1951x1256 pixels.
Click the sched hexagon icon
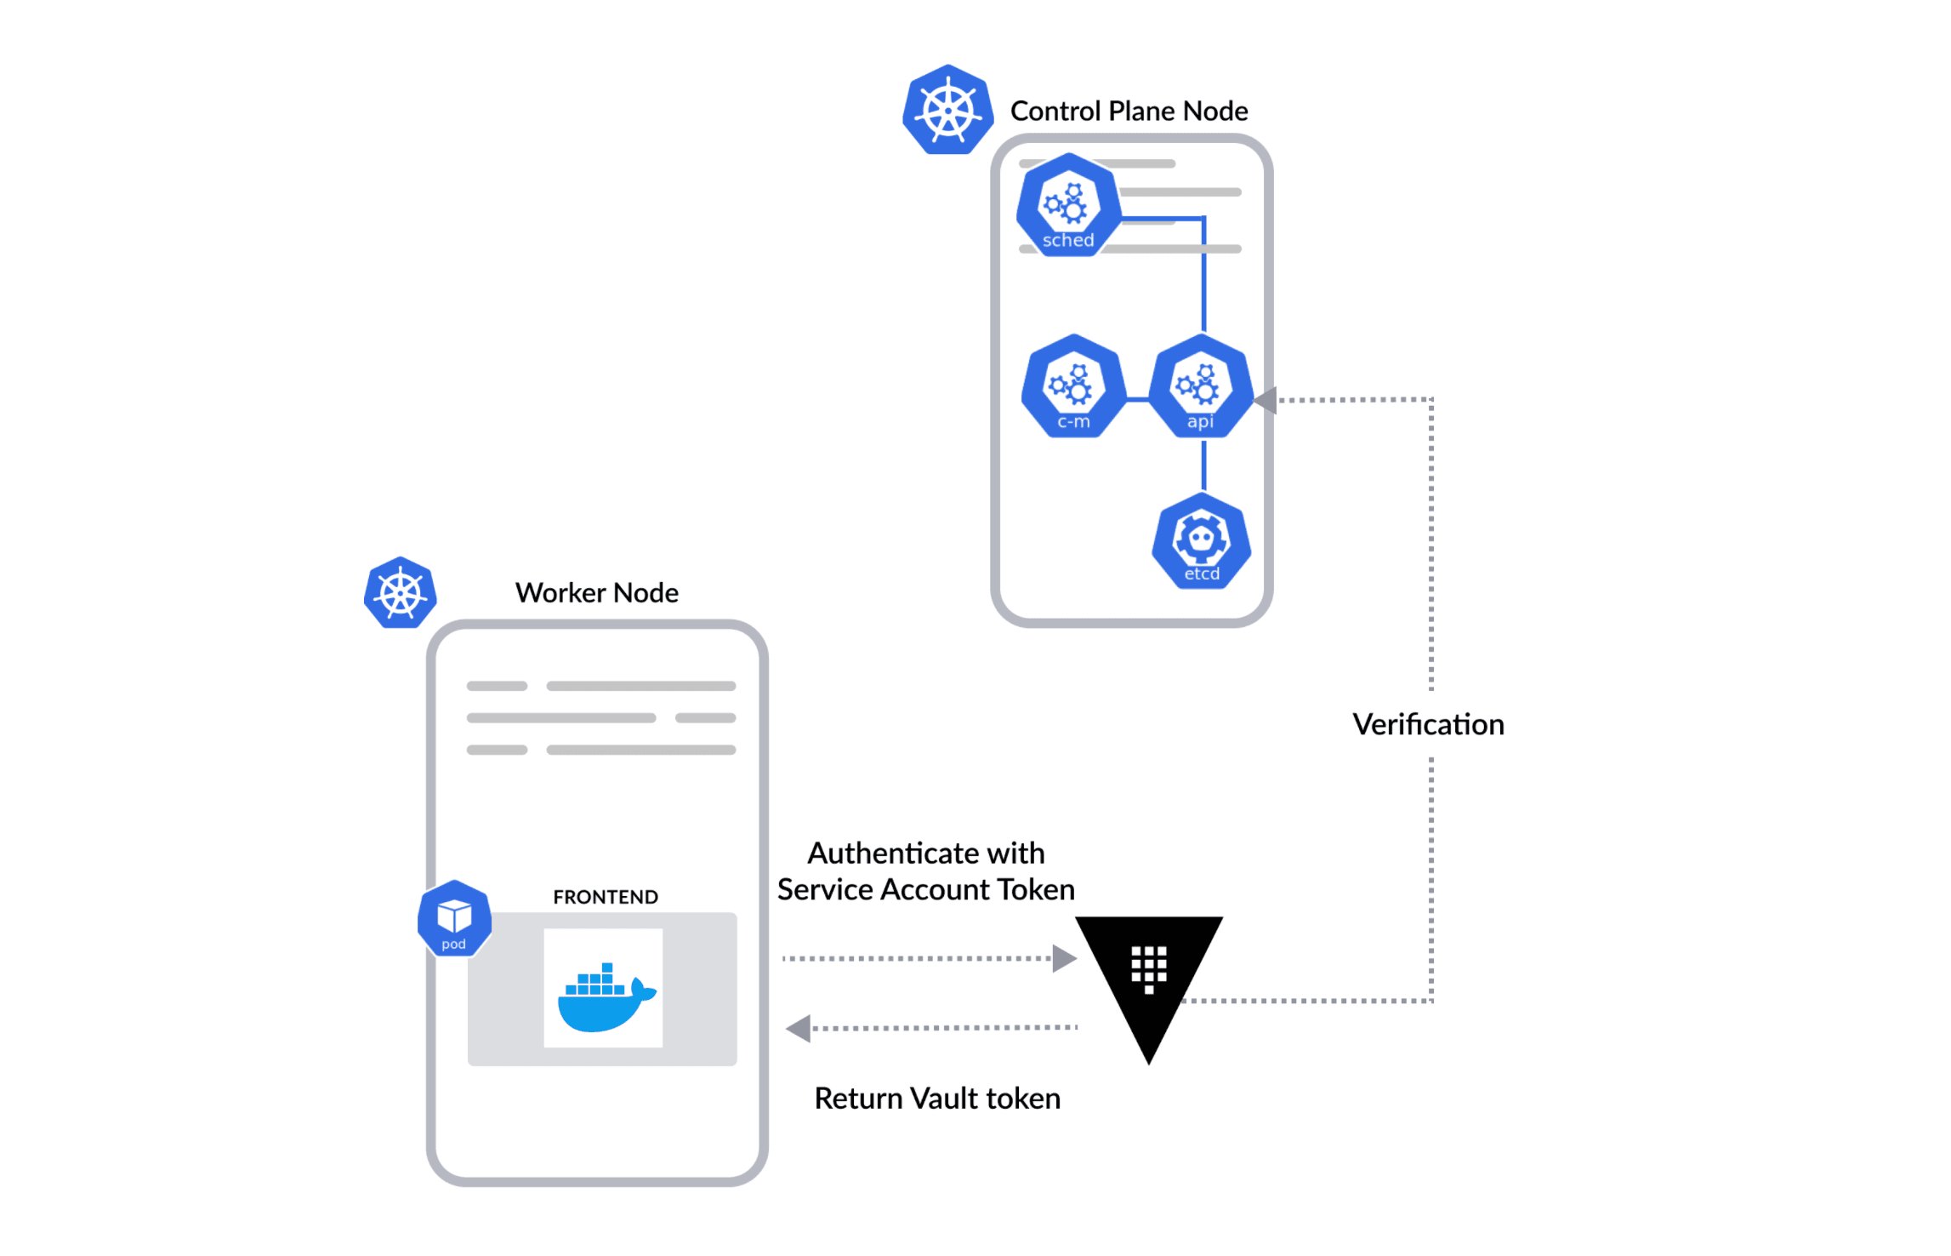click(1068, 205)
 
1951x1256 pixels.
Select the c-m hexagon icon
click(1073, 386)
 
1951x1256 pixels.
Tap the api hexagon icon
click(1200, 386)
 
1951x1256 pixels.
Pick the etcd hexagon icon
click(1201, 541)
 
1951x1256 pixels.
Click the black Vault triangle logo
click(1148, 979)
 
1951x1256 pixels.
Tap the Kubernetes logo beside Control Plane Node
click(947, 110)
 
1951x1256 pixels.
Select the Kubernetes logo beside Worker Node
click(400, 593)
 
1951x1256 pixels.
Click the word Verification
click(1428, 724)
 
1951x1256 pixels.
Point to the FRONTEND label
click(605, 897)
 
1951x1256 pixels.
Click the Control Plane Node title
click(1129, 111)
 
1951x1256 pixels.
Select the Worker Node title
click(596, 592)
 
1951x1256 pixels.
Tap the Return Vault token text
click(936, 1098)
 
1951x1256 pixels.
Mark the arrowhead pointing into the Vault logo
click(1063, 958)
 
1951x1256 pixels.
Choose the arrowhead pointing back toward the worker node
click(799, 1028)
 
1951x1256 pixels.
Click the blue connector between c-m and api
click(1136, 398)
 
